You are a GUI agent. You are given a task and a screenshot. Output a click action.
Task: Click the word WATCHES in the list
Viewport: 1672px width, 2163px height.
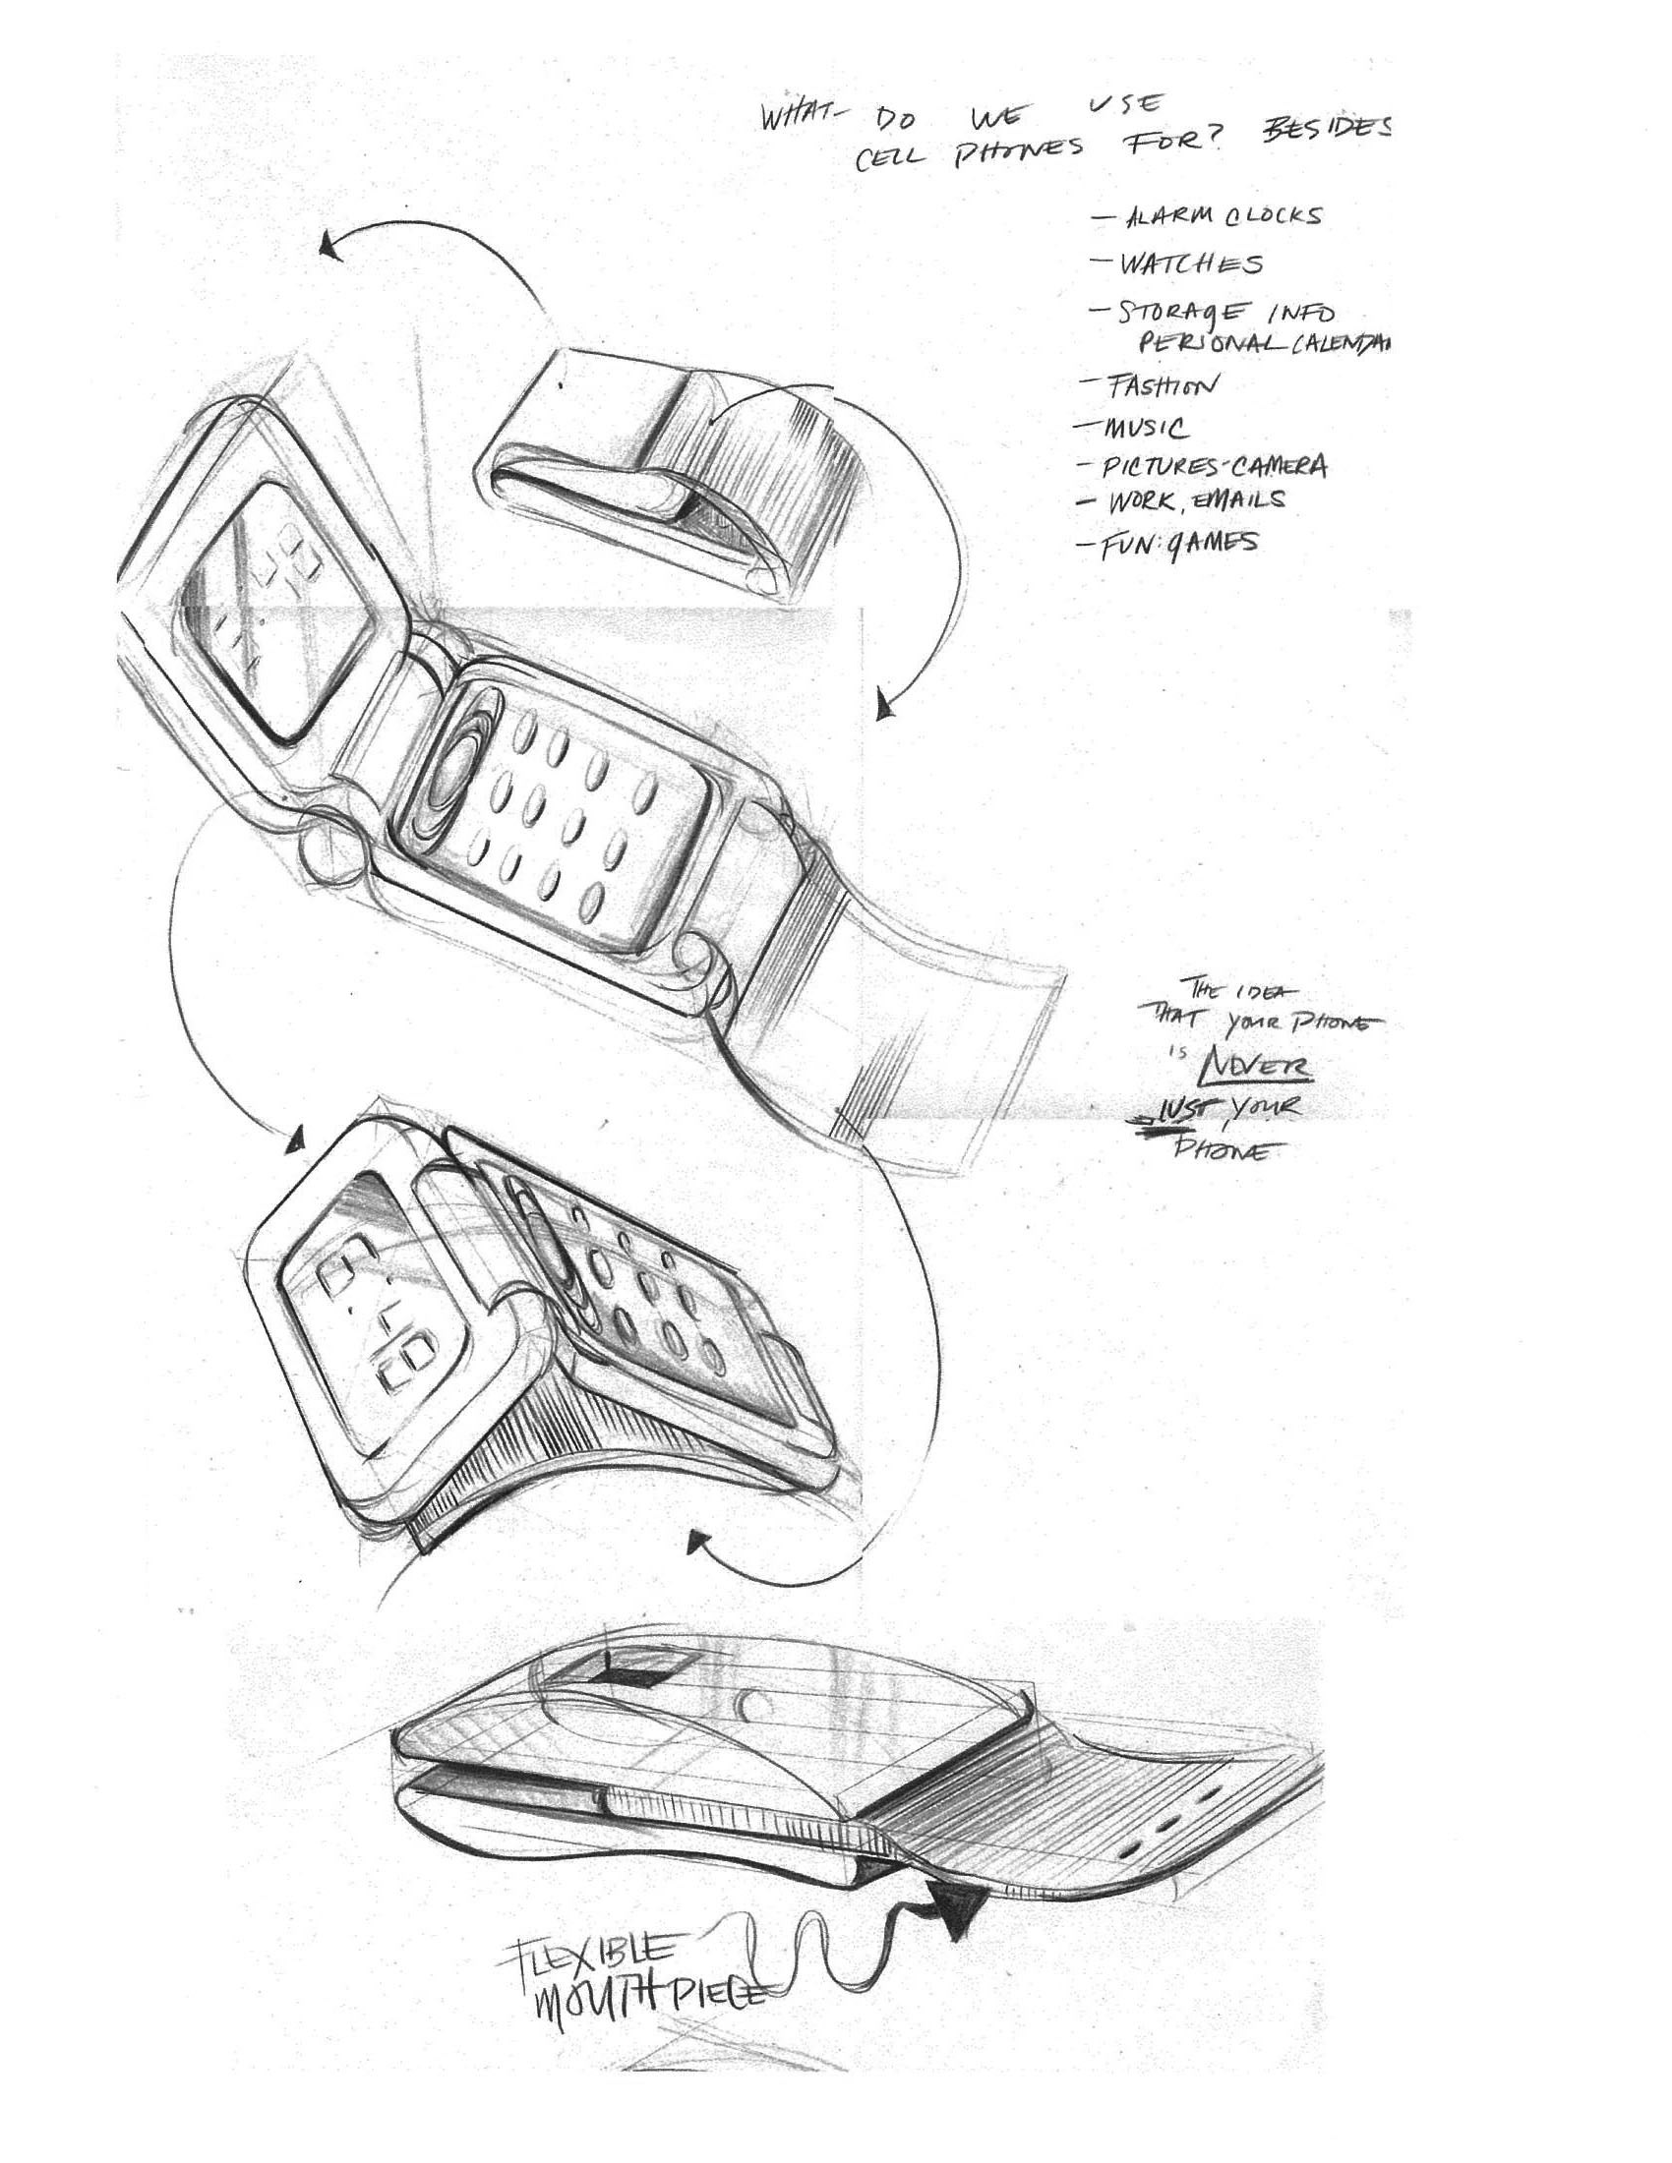coord(1192,264)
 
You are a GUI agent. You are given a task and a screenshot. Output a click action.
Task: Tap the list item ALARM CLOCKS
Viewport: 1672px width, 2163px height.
coord(1223,216)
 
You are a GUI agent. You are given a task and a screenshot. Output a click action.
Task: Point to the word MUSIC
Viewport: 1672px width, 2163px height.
coord(1145,428)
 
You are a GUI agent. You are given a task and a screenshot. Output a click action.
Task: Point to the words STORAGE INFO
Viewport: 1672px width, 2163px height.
coord(1226,313)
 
